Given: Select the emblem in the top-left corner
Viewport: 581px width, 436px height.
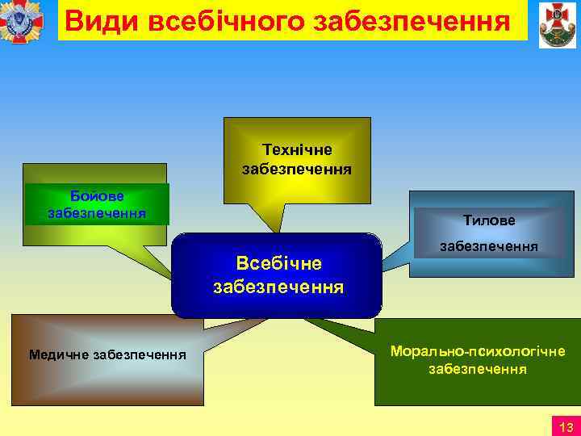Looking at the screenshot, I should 24,22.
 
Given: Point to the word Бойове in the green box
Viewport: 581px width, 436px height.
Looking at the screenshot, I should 96,196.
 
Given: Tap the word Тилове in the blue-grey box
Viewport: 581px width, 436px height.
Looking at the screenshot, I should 489,219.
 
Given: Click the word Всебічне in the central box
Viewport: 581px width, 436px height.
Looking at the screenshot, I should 278,263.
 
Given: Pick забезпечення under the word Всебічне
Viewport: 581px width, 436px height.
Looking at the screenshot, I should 278,287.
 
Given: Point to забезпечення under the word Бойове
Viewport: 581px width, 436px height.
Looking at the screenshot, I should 97,213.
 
